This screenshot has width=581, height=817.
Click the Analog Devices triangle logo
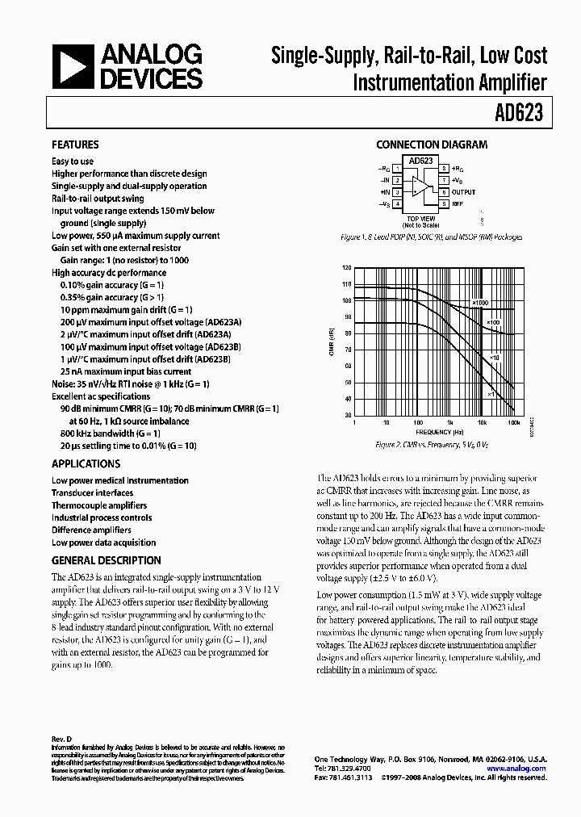[73, 67]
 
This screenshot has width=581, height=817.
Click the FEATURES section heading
[75, 145]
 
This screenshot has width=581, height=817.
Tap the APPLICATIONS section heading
[86, 464]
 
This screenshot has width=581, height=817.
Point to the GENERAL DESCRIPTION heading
[106, 560]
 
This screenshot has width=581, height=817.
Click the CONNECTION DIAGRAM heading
[432, 145]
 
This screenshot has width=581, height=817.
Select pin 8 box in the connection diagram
[444, 168]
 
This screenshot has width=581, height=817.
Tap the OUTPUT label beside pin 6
[464, 192]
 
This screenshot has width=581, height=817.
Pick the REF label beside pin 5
[458, 204]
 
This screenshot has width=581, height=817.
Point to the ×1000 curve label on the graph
[481, 303]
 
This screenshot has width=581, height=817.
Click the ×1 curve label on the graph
[490, 394]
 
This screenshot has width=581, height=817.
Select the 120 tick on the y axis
[347, 267]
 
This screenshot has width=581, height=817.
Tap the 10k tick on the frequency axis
[482, 422]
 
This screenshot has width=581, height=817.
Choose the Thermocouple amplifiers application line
[99, 505]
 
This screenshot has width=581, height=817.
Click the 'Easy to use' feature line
[73, 161]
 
